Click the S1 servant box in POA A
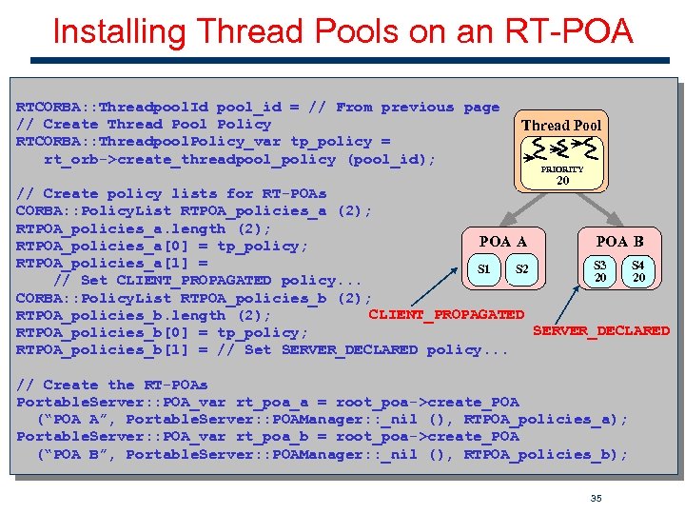pyautogui.click(x=484, y=269)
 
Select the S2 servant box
pyautogui.click(x=521, y=269)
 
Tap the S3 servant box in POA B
pyautogui.click(x=600, y=270)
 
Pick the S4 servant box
pyautogui.click(x=638, y=270)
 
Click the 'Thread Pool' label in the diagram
pyautogui.click(x=561, y=125)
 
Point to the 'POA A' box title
pyautogui.click(x=503, y=242)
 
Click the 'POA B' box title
pyautogui.click(x=619, y=241)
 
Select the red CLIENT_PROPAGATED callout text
pyautogui.click(x=446, y=314)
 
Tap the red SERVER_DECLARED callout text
pyautogui.click(x=601, y=331)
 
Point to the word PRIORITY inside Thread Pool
pyautogui.click(x=562, y=168)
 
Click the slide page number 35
pyautogui.click(x=597, y=497)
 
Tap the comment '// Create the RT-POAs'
pyautogui.click(x=111, y=385)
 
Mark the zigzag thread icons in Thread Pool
pyautogui.click(x=561, y=148)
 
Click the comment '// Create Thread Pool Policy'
pyautogui.click(x=144, y=125)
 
